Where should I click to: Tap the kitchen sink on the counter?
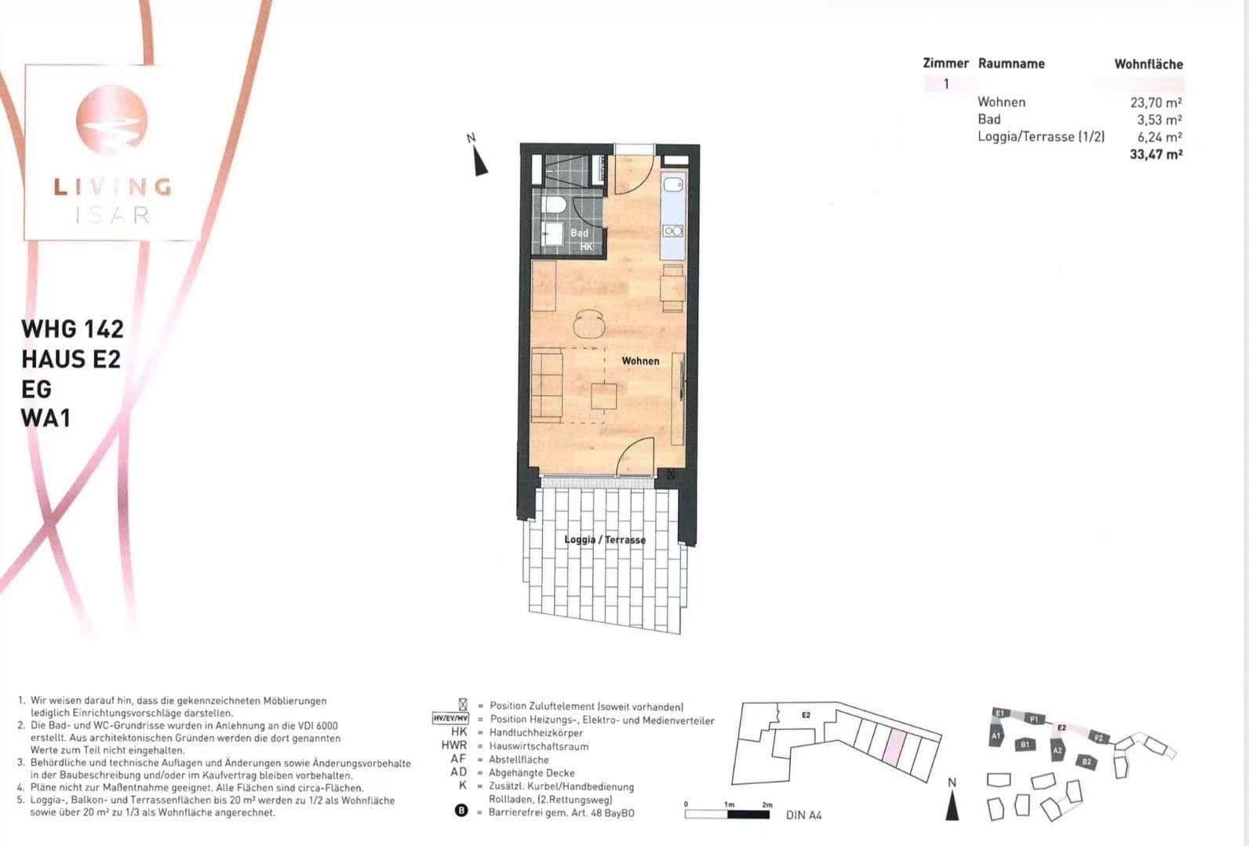pos(673,185)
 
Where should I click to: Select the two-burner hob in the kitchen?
pos(673,231)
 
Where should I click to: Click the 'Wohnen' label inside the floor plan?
pos(640,361)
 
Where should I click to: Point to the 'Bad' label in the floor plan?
pos(579,233)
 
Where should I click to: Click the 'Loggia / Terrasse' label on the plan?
pos(605,539)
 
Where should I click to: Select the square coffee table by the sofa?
pos(604,395)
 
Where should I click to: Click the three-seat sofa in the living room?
pos(547,384)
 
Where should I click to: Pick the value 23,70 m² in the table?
pos(1156,102)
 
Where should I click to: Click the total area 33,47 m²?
pos(1156,154)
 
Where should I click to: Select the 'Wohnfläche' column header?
pos(1149,64)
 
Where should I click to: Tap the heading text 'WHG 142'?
pos(72,328)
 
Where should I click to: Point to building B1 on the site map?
pos(1025,744)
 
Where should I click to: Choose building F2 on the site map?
pos(1098,738)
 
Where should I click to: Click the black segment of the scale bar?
pos(748,815)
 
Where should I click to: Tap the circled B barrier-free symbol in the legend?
pos(461,812)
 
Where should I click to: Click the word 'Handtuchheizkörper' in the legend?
pos(536,733)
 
